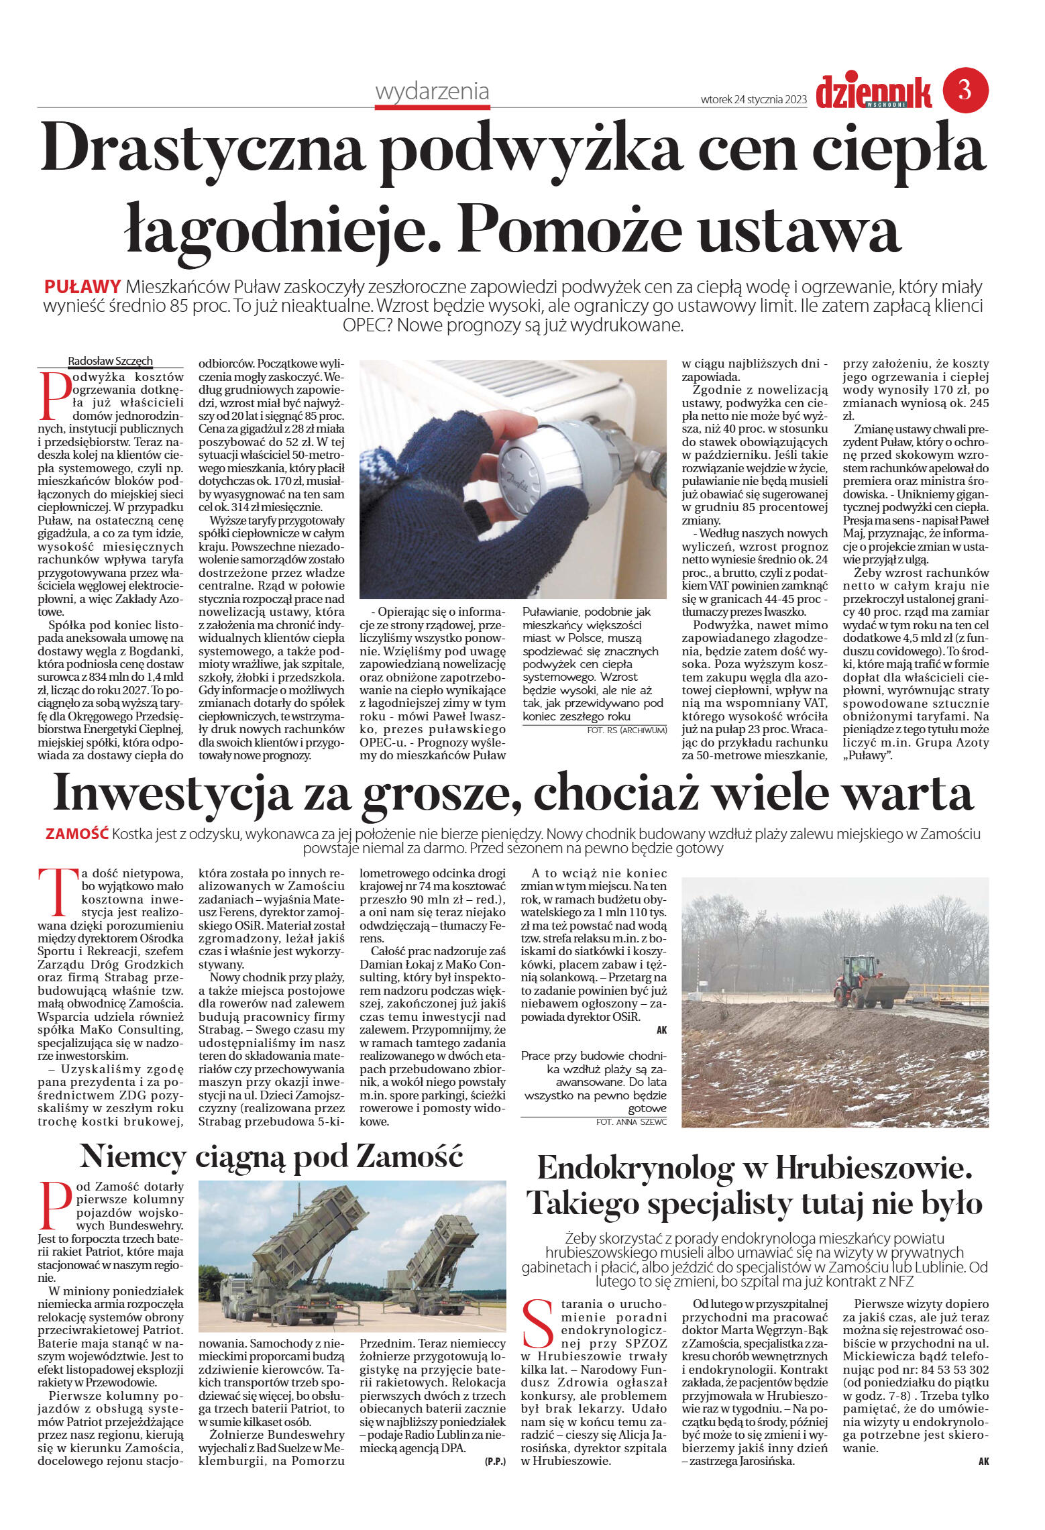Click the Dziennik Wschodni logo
pyautogui.click(x=873, y=93)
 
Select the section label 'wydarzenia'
pyautogui.click(x=432, y=91)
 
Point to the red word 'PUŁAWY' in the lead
pyautogui.click(x=82, y=286)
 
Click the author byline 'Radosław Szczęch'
pyautogui.click(x=110, y=361)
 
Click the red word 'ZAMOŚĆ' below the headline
pyautogui.click(x=76, y=834)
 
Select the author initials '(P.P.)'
pyautogui.click(x=495, y=1461)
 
